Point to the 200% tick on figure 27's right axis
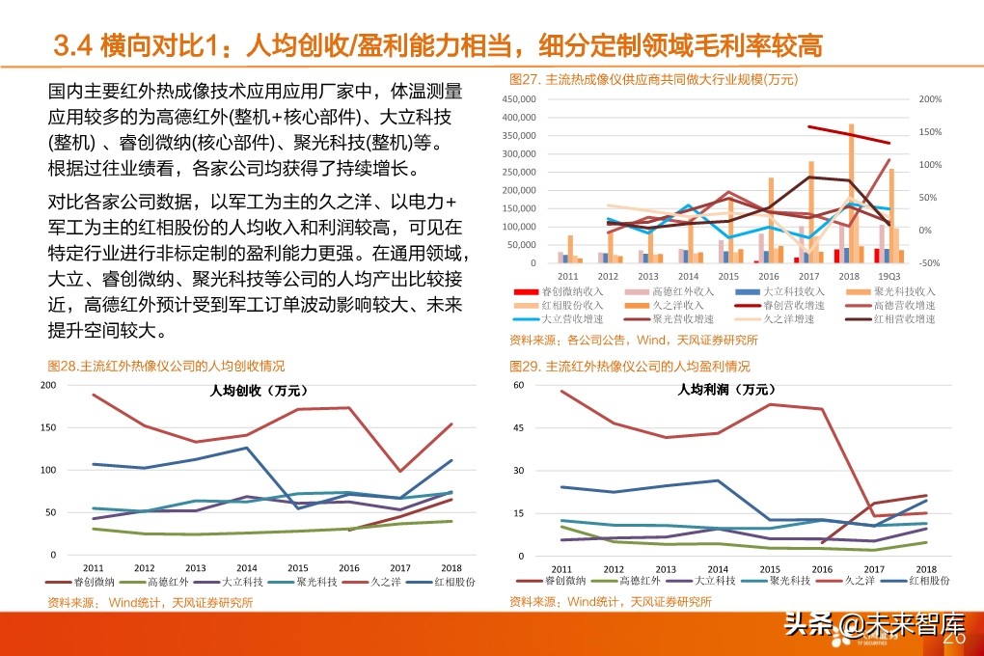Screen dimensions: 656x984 (930, 99)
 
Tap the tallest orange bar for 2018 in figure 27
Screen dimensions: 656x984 (851, 193)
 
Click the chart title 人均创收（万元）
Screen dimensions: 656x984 (259, 391)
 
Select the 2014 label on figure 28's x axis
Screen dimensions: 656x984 (248, 568)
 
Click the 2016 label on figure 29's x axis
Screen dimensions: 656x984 (821, 569)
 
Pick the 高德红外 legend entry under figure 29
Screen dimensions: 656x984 (638, 582)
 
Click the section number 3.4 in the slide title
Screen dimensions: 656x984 (71, 44)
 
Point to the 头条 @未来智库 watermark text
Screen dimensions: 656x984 (863, 625)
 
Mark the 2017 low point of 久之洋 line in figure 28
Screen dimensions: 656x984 (399, 471)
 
